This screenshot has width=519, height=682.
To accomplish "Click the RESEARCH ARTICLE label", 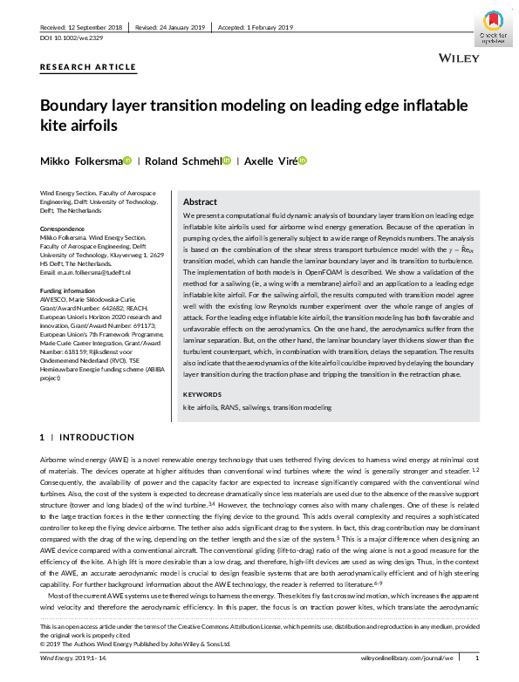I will (88, 66).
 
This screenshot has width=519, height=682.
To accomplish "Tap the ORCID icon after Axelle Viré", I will (303, 160).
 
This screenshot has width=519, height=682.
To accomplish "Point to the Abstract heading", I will (200, 201).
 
